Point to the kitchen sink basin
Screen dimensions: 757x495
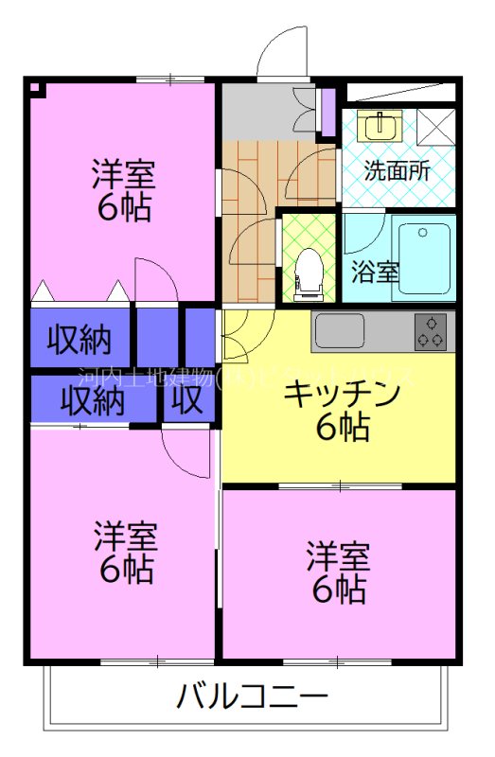pos(339,331)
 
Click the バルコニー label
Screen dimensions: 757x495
pos(252,698)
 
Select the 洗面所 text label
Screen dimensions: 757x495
pos(398,171)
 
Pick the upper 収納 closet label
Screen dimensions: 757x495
pos(80,337)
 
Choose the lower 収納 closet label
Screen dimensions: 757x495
pos(93,401)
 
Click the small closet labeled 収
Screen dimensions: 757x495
pos(187,401)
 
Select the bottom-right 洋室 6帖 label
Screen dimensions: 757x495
pos(336,572)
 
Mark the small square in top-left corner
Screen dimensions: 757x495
pos(35,90)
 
